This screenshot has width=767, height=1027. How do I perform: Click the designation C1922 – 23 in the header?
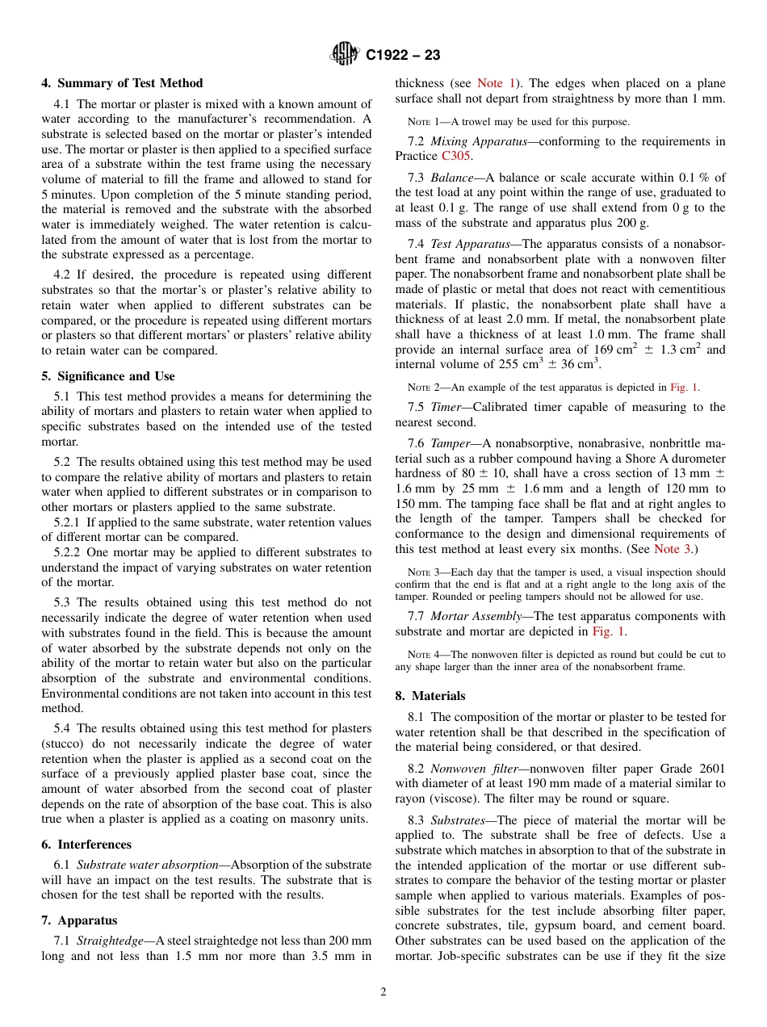[x=403, y=56]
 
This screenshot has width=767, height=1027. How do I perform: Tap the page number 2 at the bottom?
[x=383, y=992]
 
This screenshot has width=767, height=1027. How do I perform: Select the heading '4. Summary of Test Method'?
[x=122, y=83]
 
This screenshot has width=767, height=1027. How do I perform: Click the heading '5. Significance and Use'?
[x=108, y=376]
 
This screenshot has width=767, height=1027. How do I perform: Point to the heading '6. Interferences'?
[x=86, y=845]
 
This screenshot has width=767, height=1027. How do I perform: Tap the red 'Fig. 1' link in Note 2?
[x=685, y=387]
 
